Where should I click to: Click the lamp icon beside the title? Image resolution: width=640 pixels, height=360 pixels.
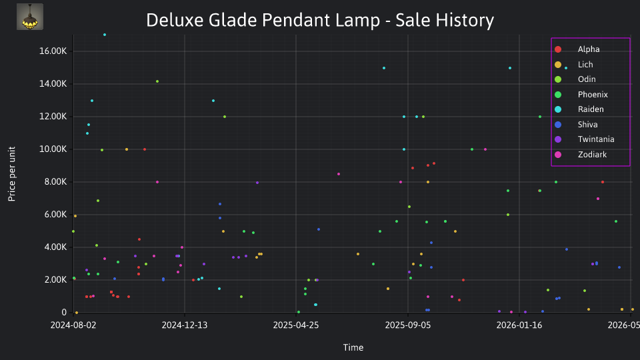(30, 17)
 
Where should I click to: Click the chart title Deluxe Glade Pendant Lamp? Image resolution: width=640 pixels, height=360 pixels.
(263, 20)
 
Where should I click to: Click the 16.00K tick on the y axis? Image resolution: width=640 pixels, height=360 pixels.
(53, 51)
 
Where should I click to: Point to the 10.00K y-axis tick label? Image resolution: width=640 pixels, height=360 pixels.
(53, 149)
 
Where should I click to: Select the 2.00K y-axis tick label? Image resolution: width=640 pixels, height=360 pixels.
(55, 279)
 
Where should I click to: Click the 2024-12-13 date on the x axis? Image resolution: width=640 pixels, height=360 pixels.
(185, 325)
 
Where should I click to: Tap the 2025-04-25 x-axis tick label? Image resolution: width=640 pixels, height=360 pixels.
(296, 325)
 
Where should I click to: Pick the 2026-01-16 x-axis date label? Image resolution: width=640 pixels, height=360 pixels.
(519, 325)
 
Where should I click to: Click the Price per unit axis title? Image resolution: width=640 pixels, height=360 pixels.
(12, 174)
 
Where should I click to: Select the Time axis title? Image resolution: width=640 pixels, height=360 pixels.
(353, 347)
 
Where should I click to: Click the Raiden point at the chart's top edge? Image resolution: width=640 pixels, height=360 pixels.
(105, 35)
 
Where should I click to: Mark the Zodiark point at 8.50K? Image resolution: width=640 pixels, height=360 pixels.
(339, 174)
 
